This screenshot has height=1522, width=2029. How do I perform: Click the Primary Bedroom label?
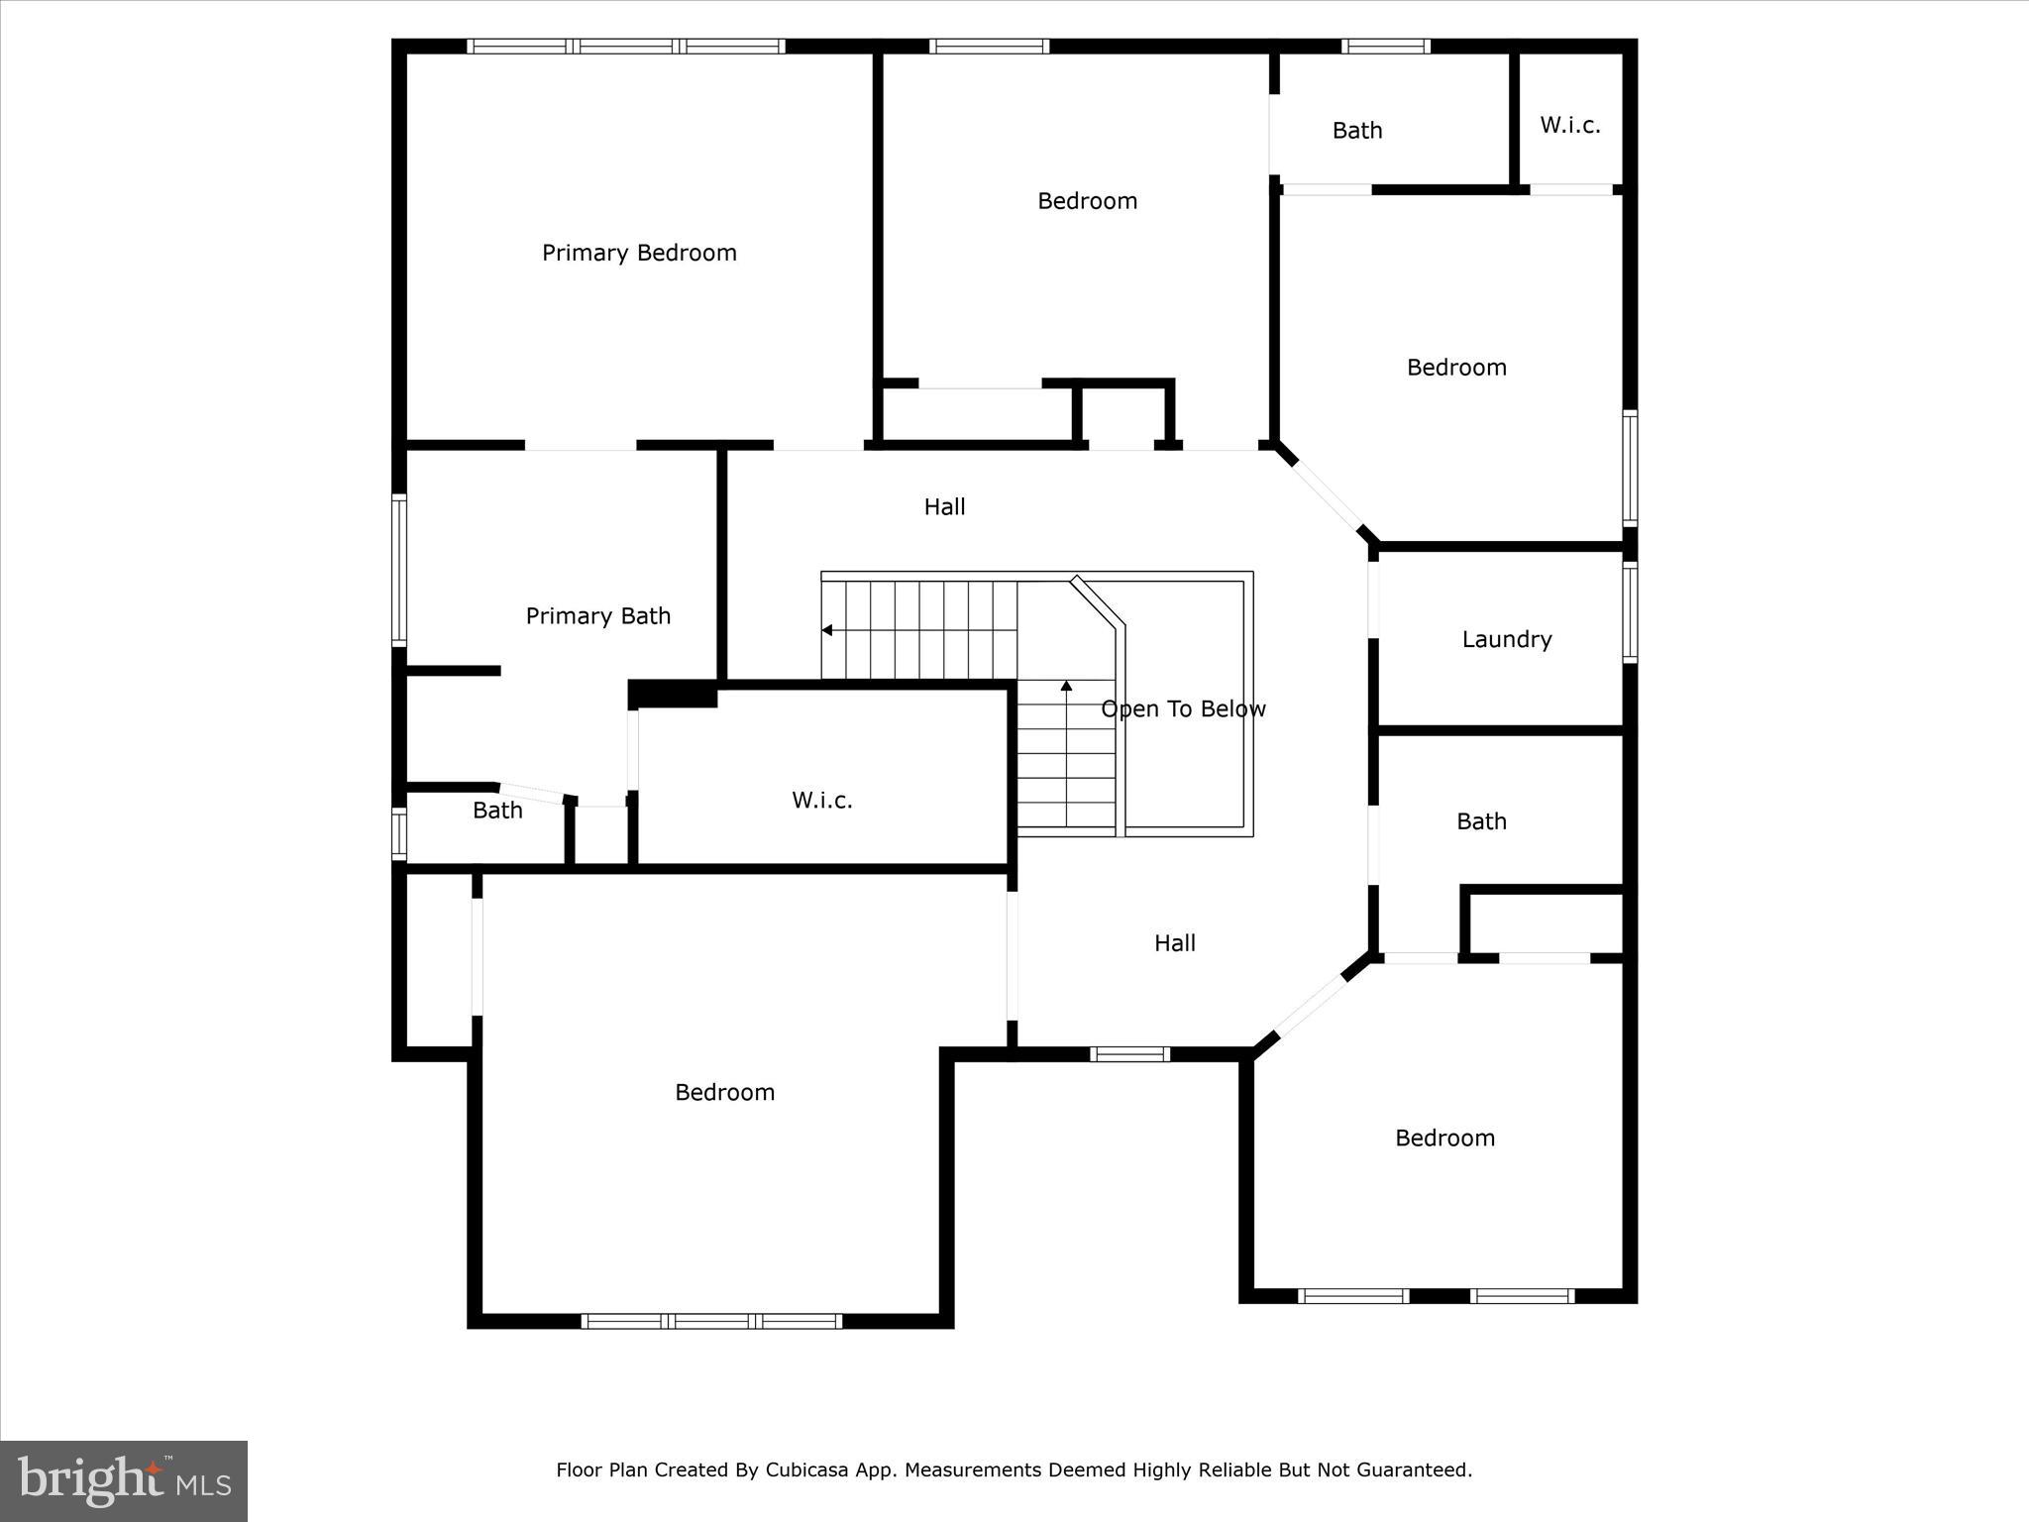(639, 253)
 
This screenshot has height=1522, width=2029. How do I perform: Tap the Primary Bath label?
(597, 616)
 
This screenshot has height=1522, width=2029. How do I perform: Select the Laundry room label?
(1506, 639)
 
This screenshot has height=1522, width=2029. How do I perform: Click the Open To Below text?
(1183, 708)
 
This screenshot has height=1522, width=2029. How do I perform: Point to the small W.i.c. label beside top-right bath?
(1569, 125)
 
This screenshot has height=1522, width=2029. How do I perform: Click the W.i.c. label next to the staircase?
(821, 800)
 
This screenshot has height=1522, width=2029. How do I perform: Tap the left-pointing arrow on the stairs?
(826, 630)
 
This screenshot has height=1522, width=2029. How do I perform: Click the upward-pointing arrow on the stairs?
(1066, 685)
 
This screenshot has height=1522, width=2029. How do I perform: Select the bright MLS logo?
(124, 1480)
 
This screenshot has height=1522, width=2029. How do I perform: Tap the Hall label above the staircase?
(944, 506)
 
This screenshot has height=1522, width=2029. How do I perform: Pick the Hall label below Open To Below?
(1174, 942)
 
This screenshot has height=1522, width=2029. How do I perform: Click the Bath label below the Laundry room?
(1481, 820)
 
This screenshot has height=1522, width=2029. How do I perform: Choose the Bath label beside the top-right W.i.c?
(1356, 130)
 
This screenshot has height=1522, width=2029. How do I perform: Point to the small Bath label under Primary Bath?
(497, 810)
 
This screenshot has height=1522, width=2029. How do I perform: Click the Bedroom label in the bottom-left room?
(724, 1092)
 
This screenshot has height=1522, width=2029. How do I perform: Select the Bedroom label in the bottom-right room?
(1444, 1138)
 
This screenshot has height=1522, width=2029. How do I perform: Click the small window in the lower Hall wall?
(1129, 1054)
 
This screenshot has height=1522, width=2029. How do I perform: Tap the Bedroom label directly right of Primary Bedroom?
(1087, 201)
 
